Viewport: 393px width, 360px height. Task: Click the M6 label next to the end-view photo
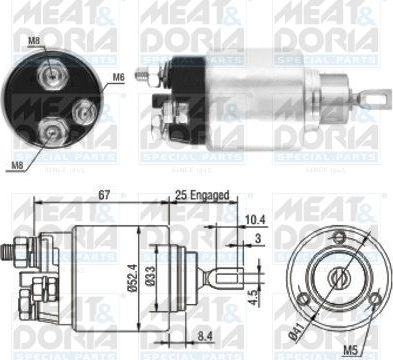(x=118, y=76)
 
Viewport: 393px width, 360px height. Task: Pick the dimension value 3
(x=257, y=238)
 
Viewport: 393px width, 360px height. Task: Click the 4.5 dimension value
(x=255, y=296)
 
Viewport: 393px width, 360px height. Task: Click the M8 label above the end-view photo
(x=35, y=41)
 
